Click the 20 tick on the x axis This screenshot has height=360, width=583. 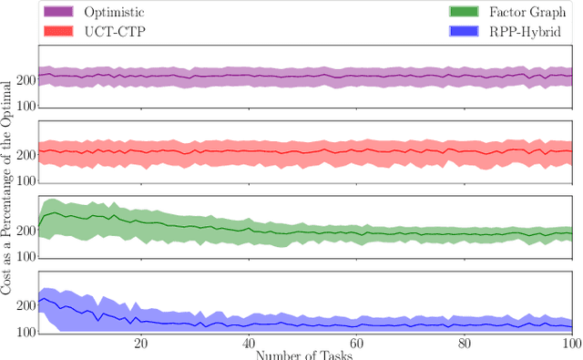[x=140, y=344]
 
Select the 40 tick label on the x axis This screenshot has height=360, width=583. [x=249, y=344]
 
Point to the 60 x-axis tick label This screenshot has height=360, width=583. [x=356, y=344]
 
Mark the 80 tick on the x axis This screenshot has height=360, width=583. [x=465, y=344]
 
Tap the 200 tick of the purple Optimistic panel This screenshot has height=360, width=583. [x=26, y=80]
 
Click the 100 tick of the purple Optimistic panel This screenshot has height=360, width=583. [x=26, y=107]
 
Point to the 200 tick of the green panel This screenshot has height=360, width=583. [x=26, y=231]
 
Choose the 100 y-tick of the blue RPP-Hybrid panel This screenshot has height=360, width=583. [x=26, y=333]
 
